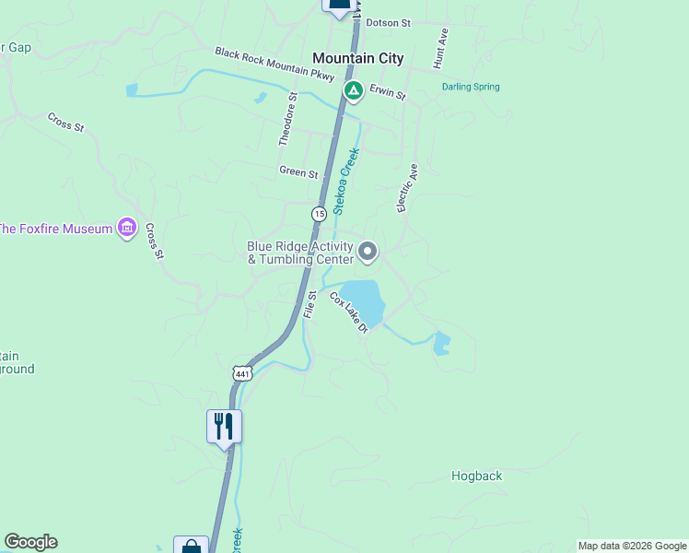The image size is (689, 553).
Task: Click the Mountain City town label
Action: [357, 58]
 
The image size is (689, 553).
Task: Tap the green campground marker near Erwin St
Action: [353, 91]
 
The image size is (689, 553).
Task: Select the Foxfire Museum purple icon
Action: [128, 228]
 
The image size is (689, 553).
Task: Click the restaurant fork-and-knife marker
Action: [224, 426]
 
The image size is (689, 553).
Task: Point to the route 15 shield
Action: [319, 213]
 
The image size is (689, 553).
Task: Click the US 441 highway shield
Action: [242, 373]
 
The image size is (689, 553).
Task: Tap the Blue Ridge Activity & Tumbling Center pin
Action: [368, 251]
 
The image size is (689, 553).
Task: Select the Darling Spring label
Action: [471, 88]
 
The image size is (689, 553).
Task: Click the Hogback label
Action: [477, 477]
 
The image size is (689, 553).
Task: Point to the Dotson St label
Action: [388, 22]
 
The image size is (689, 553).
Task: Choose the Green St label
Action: [298, 172]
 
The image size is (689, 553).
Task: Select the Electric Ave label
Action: [407, 188]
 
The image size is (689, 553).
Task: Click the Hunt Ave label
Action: [440, 49]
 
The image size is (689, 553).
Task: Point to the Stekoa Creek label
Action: [345, 182]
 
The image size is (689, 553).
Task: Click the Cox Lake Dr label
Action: [349, 312]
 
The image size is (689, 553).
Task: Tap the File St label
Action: [310, 304]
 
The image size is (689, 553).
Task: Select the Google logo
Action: [30, 542]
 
